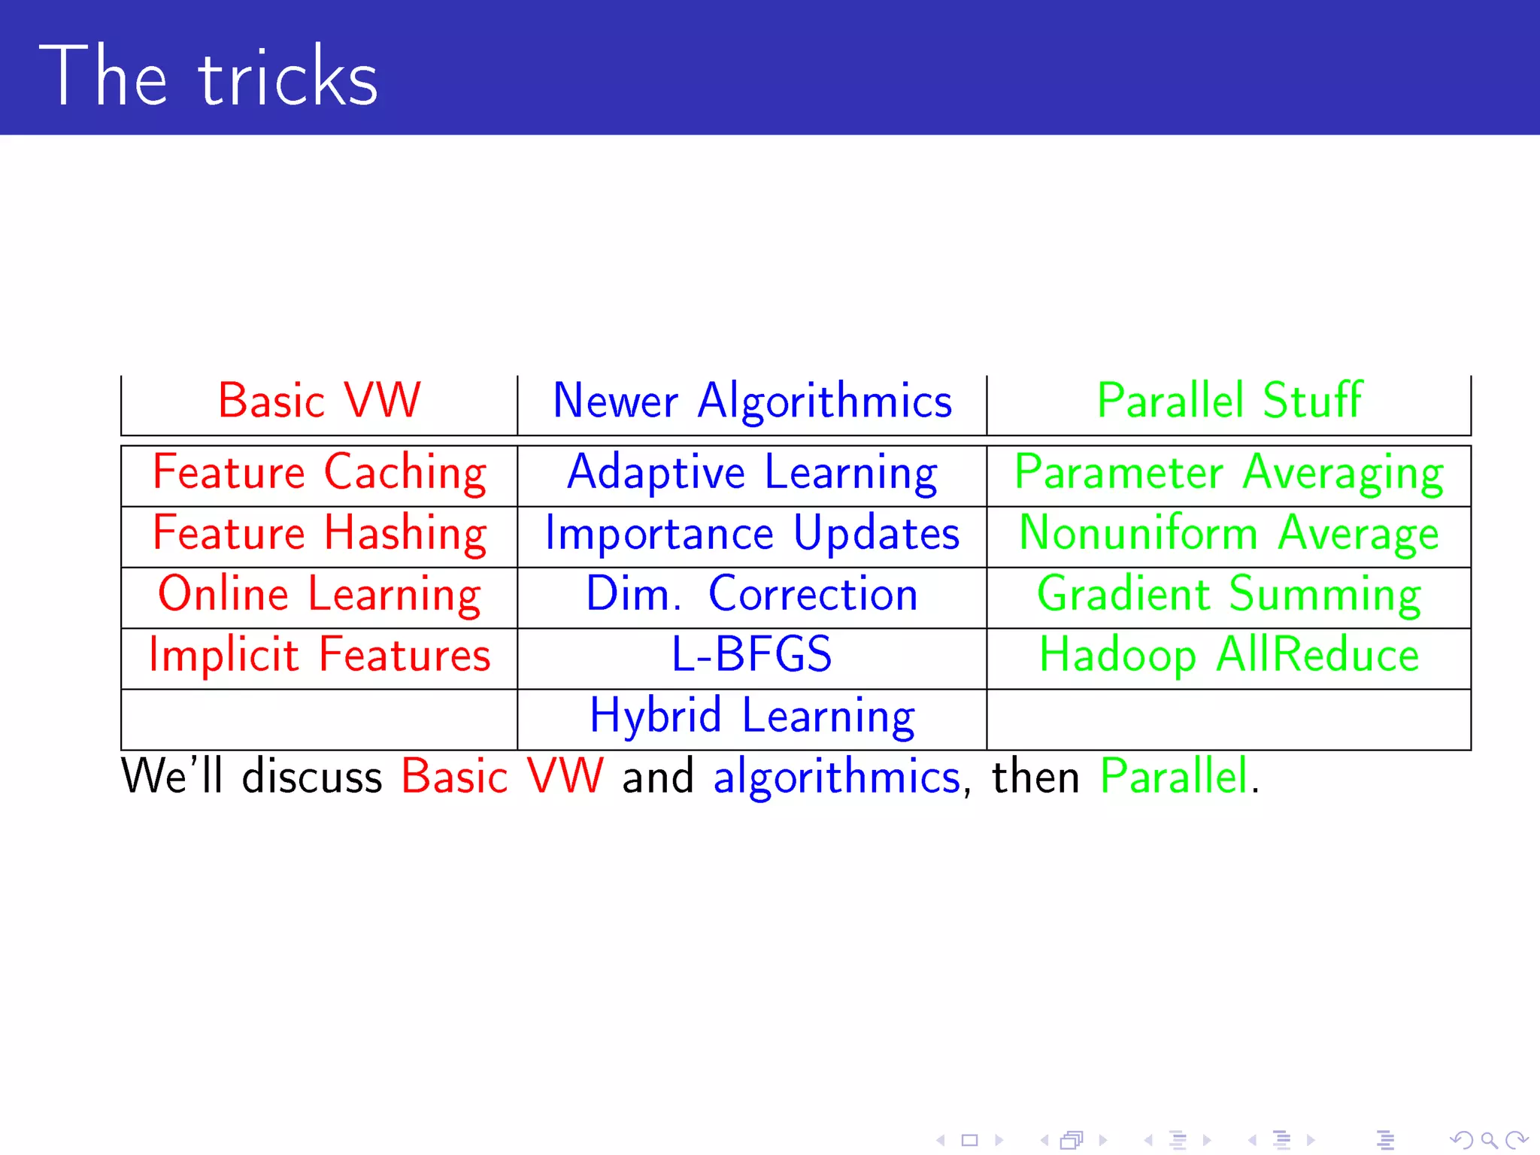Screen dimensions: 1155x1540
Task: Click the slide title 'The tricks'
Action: tap(208, 77)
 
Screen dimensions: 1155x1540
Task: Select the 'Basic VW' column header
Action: tap(319, 400)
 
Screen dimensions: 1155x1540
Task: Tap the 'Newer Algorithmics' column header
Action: tap(752, 401)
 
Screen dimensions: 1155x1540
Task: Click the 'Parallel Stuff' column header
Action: tap(1229, 400)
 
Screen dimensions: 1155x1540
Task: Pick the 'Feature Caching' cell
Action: tap(319, 473)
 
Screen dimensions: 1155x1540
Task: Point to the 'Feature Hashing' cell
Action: tap(319, 534)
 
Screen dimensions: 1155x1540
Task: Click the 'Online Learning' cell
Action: tap(319, 595)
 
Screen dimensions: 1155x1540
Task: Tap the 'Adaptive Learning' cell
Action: tap(752, 473)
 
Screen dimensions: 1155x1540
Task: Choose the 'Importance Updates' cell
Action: tap(752, 534)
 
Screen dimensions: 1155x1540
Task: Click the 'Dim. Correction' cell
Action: tap(752, 595)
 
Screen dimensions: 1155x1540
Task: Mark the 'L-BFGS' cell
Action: tap(752, 654)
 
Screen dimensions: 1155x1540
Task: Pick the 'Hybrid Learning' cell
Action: tap(752, 717)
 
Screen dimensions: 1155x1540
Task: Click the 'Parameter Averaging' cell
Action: tap(1229, 473)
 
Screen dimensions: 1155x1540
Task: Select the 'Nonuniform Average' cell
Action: tap(1229, 534)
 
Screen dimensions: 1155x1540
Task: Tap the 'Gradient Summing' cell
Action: tap(1229, 595)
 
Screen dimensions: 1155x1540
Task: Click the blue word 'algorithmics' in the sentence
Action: tap(836, 778)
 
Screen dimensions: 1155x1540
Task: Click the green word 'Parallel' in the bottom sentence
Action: tap(1174, 776)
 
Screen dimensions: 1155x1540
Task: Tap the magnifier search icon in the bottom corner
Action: tap(1488, 1140)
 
